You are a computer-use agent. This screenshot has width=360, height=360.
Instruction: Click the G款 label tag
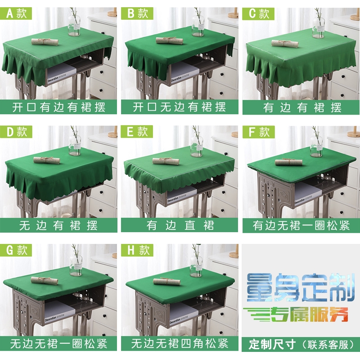coord(17,250)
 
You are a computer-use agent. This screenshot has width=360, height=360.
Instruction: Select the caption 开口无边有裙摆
coord(180,107)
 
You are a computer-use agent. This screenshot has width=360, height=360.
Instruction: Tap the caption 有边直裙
coord(180,225)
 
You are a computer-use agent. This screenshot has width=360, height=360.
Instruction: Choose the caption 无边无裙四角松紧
coord(180,344)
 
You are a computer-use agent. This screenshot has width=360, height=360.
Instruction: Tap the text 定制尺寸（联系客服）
coord(301,345)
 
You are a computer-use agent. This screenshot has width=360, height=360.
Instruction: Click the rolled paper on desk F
coord(288,162)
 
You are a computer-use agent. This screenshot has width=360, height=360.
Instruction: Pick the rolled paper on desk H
coord(166,281)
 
